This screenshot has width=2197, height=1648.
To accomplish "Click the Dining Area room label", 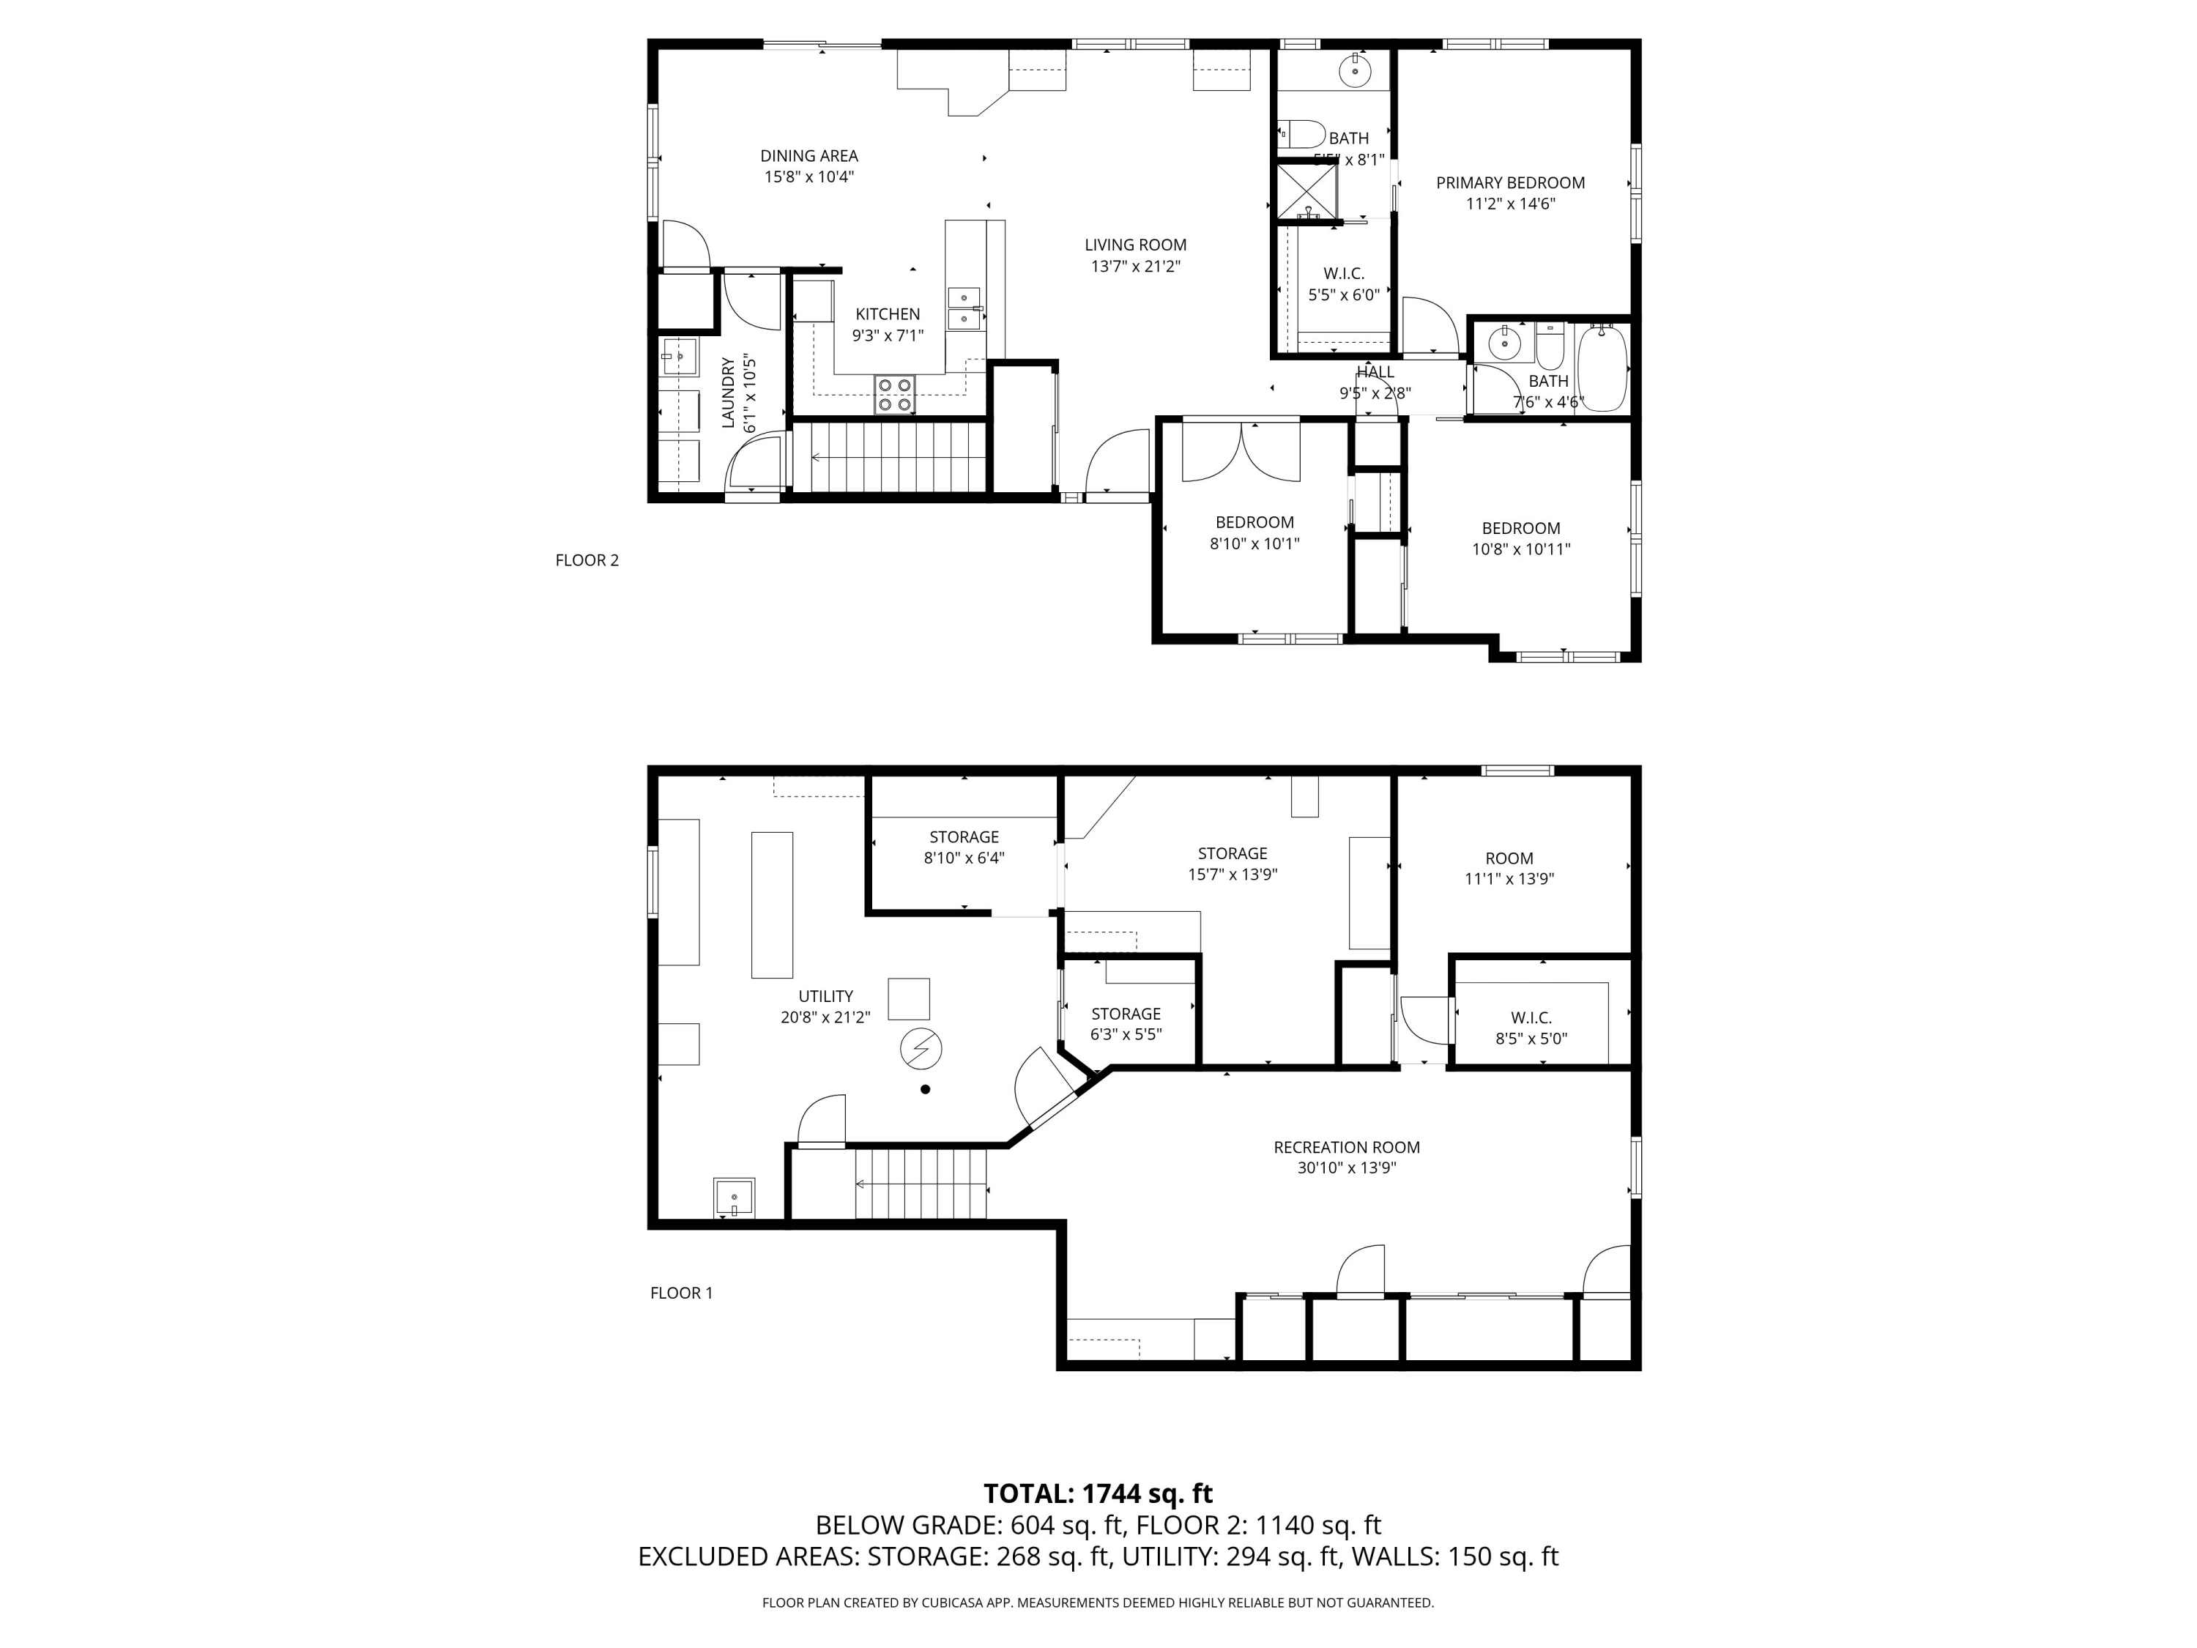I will click(808, 156).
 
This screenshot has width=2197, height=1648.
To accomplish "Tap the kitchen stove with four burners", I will click(894, 394).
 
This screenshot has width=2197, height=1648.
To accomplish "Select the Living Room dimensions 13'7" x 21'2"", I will click(1135, 266).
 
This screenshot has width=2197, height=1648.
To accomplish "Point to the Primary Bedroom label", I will click(1509, 183).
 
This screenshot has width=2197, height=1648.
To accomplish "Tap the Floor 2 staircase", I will click(897, 457).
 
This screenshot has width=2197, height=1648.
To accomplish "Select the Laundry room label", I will click(728, 393).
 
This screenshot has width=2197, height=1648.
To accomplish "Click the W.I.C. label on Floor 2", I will click(1343, 274).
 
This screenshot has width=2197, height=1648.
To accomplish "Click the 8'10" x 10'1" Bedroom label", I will click(1254, 522).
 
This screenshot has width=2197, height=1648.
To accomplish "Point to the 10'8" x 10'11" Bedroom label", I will click(1520, 529).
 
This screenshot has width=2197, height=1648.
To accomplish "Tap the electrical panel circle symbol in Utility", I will click(921, 1049).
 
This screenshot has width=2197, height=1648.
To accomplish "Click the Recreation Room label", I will click(1346, 1147).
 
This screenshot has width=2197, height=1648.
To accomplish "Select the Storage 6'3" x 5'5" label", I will click(1126, 1014).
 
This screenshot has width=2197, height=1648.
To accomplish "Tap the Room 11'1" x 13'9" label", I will click(1509, 858).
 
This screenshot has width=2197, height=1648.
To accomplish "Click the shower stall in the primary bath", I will click(1306, 190).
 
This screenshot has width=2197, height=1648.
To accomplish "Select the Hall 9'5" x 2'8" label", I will click(1375, 373).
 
